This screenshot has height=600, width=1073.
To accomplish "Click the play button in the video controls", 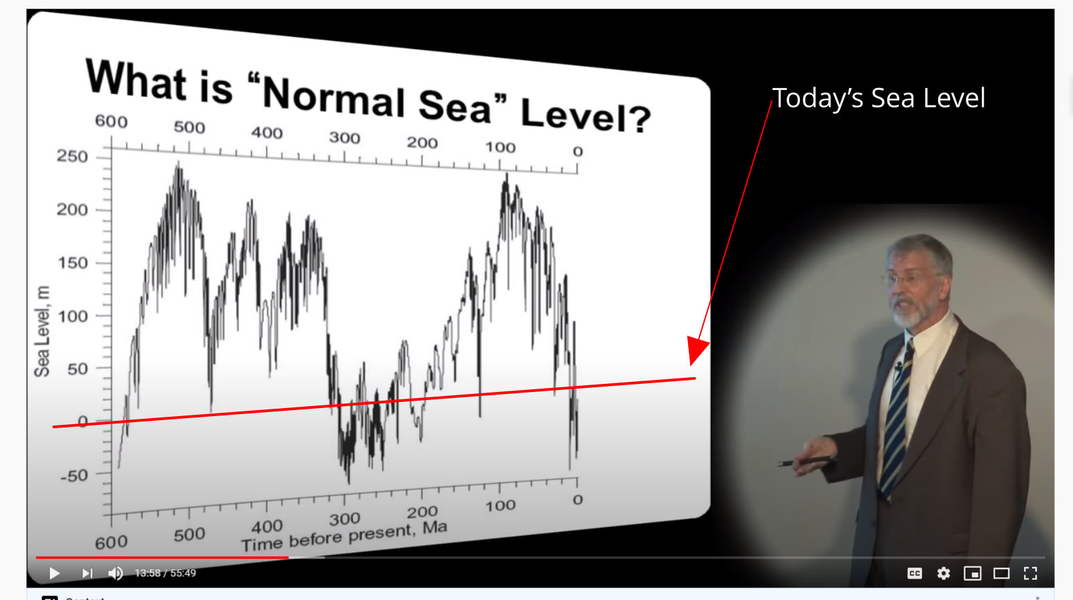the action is point(54,573).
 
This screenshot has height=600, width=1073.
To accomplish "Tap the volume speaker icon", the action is point(115,573).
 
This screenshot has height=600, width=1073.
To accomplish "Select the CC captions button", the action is point(915,573).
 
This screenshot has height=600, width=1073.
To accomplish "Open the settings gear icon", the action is point(943,573).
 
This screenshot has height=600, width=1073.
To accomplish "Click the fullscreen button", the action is point(1030,573).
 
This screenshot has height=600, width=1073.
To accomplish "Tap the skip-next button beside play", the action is point(87,573).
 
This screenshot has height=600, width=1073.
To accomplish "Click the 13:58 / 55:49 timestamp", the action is point(165,573).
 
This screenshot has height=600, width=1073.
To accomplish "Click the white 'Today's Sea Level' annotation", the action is point(879,98).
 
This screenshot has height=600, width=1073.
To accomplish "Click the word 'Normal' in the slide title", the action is point(334,98).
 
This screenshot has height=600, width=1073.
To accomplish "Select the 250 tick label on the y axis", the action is point(72,156).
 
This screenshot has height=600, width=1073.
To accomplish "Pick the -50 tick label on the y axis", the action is point(74,475).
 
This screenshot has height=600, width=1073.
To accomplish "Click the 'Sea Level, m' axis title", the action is point(42,331).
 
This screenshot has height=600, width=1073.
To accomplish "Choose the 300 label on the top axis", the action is point(345,138).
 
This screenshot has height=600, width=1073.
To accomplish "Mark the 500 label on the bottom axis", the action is point(189,534).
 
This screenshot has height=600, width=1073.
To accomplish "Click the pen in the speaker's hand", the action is point(805,462).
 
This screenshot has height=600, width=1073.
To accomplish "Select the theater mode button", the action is point(1001,573).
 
